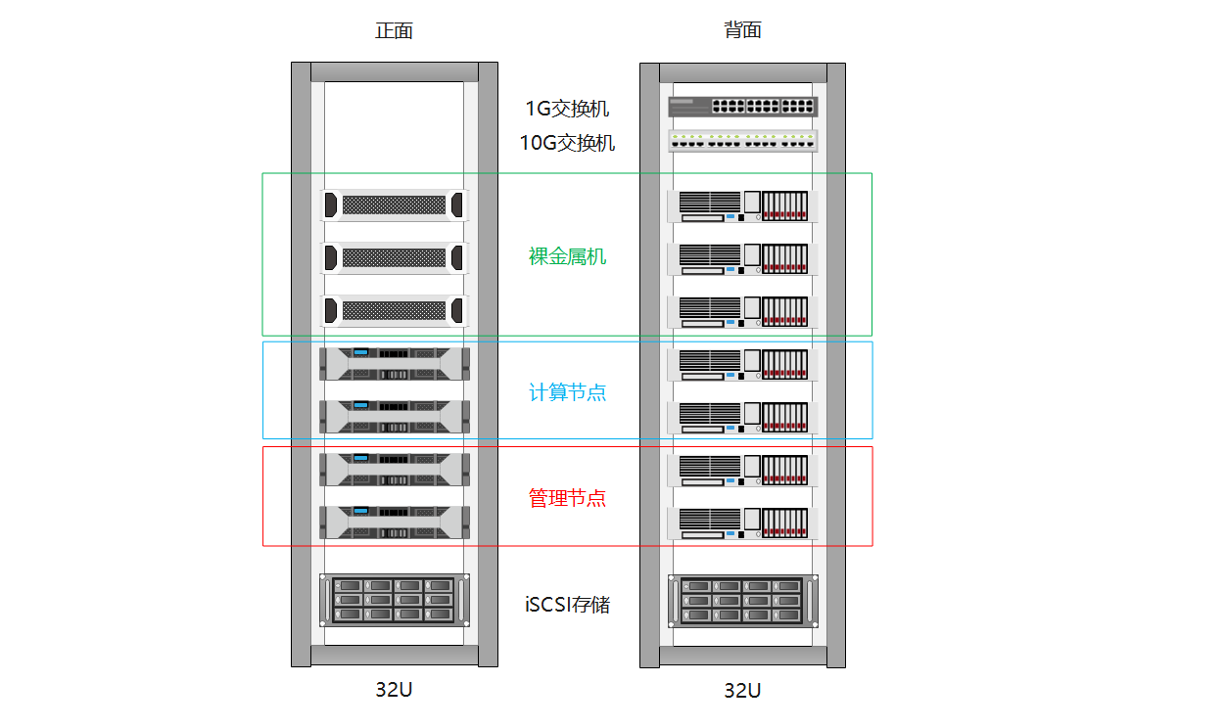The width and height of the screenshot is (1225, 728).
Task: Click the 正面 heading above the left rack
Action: pyautogui.click(x=394, y=30)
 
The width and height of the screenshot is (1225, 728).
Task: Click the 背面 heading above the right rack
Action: pyautogui.click(x=742, y=29)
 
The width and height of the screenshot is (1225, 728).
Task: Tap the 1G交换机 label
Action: pyautogui.click(x=567, y=109)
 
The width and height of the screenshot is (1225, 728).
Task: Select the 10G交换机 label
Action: pyautogui.click(x=567, y=143)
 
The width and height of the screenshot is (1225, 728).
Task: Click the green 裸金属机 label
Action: pyautogui.click(x=567, y=256)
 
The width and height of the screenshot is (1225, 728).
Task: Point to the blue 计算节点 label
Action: pyautogui.click(x=567, y=392)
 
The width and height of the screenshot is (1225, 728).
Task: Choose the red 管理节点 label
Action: pyautogui.click(x=567, y=498)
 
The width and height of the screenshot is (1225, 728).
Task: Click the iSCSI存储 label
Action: pyautogui.click(x=567, y=605)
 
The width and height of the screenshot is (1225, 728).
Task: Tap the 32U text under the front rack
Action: pyautogui.click(x=394, y=690)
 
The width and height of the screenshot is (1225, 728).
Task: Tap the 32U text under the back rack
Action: pyautogui.click(x=742, y=691)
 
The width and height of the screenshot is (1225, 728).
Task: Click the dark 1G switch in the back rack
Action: pyautogui.click(x=742, y=107)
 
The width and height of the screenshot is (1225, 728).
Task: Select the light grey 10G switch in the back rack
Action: pyautogui.click(x=742, y=141)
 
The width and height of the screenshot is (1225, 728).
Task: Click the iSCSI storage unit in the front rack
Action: pyautogui.click(x=395, y=600)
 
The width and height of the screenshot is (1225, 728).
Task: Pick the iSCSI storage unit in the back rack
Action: pyautogui.click(x=742, y=601)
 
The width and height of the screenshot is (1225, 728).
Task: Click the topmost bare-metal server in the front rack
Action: pyautogui.click(x=394, y=205)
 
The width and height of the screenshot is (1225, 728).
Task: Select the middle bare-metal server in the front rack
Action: pyautogui.click(x=394, y=258)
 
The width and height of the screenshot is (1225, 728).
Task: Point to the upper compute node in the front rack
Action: pyautogui.click(x=395, y=363)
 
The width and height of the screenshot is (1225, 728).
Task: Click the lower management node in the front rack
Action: pyautogui.click(x=395, y=522)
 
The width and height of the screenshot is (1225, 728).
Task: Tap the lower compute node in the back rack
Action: pyautogui.click(x=742, y=418)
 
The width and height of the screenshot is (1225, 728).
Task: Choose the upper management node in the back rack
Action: pyautogui.click(x=742, y=471)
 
